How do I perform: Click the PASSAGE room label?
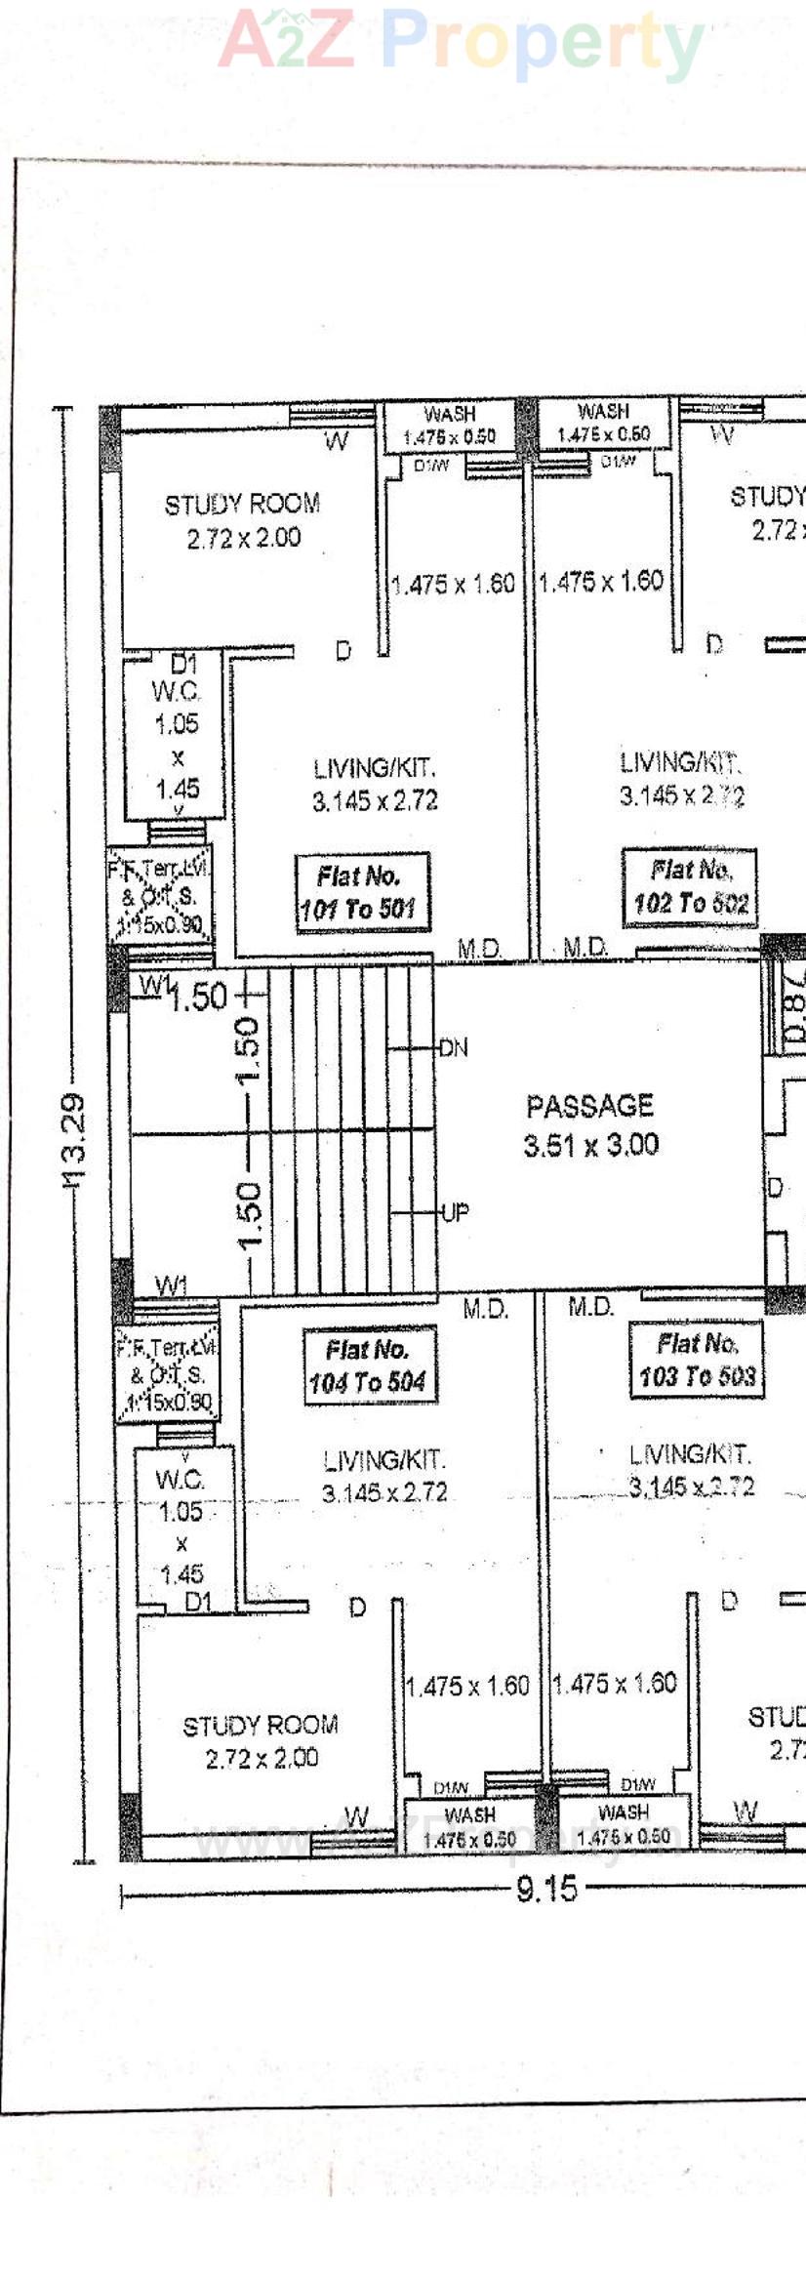pos(589,1106)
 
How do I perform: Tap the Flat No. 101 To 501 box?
pos(360,893)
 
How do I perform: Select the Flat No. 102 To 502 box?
pos(690,886)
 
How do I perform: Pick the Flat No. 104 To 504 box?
pos(368,1365)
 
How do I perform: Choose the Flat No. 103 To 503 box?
pos(697,1360)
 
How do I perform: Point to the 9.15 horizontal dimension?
pos(546,1889)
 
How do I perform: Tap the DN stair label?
pos(454,1048)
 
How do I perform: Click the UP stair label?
pos(455,1212)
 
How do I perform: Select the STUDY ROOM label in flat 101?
pos(242,505)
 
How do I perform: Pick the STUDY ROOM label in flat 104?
pos(261,1725)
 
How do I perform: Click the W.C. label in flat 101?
pos(177,692)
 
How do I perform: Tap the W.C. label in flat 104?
pos(180,1479)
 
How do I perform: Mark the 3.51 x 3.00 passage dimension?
pos(591,1145)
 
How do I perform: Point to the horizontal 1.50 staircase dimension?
pos(198,997)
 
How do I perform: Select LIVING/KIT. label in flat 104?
pos(384,1460)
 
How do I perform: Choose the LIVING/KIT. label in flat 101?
pos(375,767)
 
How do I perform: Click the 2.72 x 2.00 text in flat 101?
pos(244,538)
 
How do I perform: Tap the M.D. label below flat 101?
pos(479,948)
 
